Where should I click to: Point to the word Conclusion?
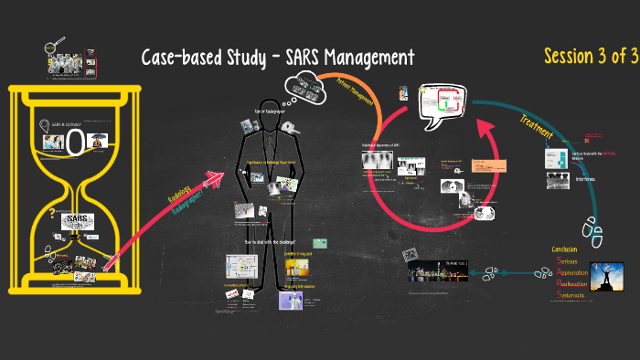point(569,249)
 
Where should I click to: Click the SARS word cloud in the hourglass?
point(76,220)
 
